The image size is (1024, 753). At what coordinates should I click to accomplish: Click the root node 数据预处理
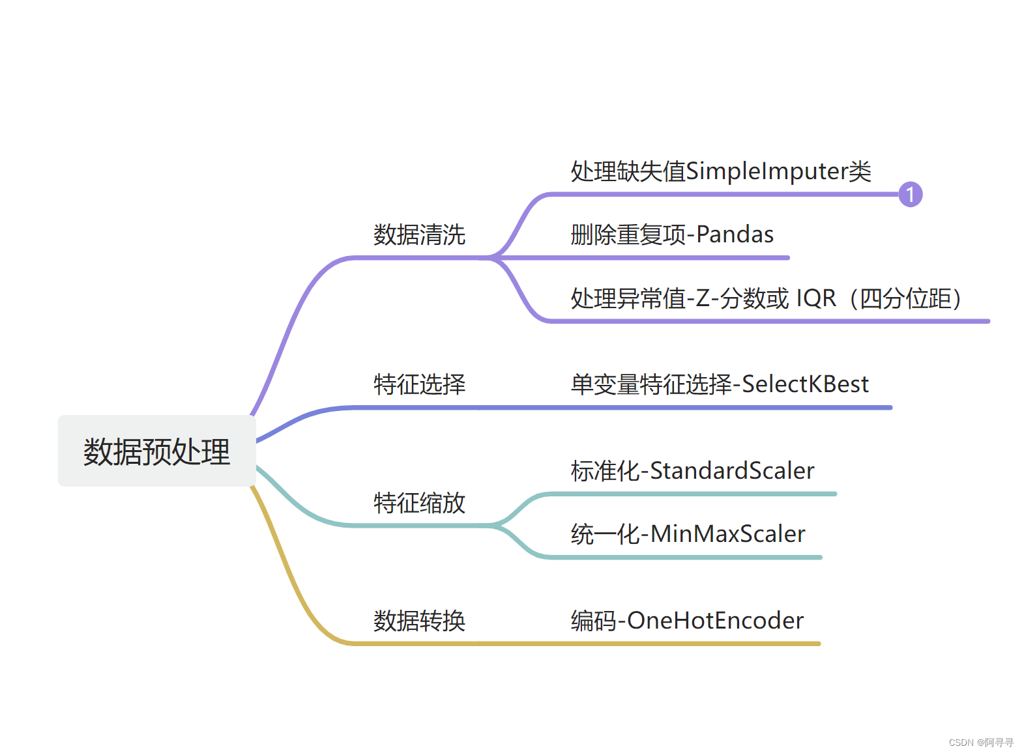point(156,451)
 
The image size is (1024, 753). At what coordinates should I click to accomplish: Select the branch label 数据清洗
point(419,234)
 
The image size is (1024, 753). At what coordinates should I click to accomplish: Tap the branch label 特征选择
point(419,384)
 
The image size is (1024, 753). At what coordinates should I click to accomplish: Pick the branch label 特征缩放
point(419,503)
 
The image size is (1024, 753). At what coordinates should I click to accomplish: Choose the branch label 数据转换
point(419,621)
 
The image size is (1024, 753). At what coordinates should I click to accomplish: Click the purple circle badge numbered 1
point(910,194)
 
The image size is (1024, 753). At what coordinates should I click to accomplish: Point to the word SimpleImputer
point(766,171)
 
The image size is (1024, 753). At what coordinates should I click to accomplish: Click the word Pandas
point(735,234)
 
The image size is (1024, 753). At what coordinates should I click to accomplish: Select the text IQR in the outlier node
point(816,298)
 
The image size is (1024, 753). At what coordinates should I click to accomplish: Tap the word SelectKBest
point(805,384)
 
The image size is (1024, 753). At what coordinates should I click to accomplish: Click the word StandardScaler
point(732,471)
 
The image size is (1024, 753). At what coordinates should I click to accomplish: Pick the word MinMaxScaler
point(727,534)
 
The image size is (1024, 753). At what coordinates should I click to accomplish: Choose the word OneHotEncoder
point(715,621)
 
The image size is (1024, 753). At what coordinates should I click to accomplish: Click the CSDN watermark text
point(981,743)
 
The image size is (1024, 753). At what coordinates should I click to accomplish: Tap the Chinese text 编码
point(593,621)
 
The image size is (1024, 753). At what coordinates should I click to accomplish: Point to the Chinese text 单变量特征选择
point(651,384)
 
